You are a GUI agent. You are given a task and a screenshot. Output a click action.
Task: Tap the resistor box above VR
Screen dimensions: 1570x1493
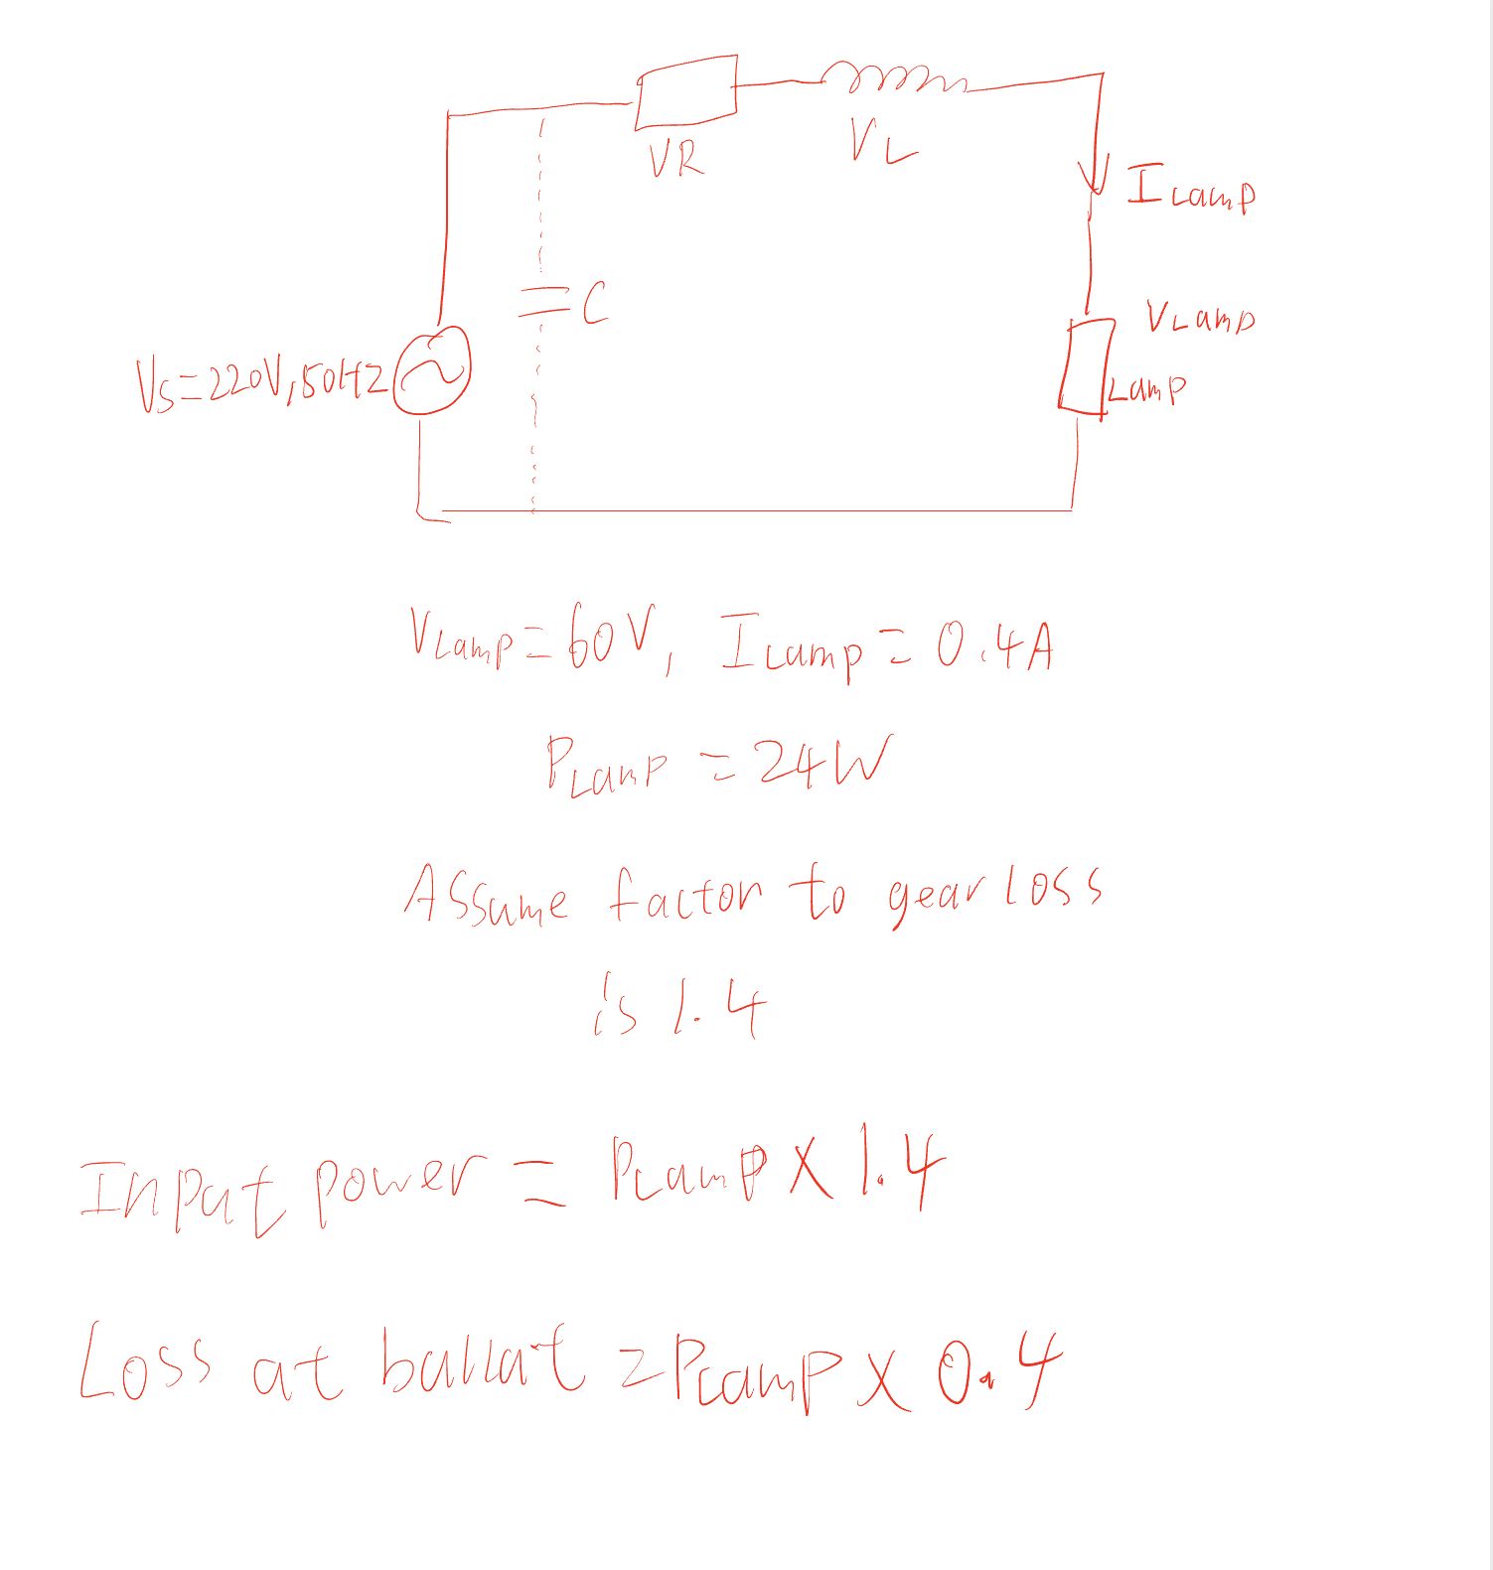[x=686, y=92]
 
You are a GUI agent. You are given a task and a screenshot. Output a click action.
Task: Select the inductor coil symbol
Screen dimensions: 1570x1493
[x=891, y=78]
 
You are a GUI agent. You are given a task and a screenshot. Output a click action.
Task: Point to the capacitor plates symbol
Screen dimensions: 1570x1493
[x=541, y=302]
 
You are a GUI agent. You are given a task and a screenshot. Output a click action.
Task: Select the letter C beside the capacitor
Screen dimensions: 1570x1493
[x=594, y=303]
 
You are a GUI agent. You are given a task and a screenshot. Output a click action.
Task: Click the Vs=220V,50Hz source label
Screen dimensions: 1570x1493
[x=260, y=382]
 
